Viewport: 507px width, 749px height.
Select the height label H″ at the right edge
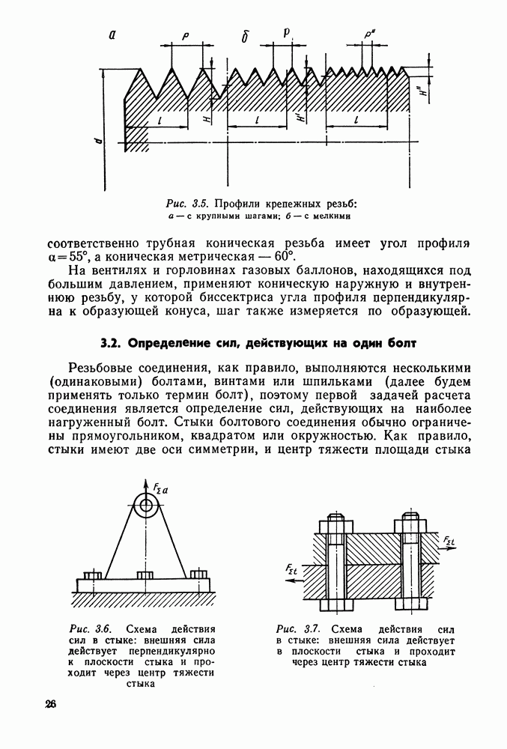(x=423, y=93)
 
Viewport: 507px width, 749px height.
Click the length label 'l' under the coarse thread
(x=160, y=119)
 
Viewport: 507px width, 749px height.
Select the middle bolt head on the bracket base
(x=145, y=574)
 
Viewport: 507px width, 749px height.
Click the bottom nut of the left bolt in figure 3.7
(x=335, y=604)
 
